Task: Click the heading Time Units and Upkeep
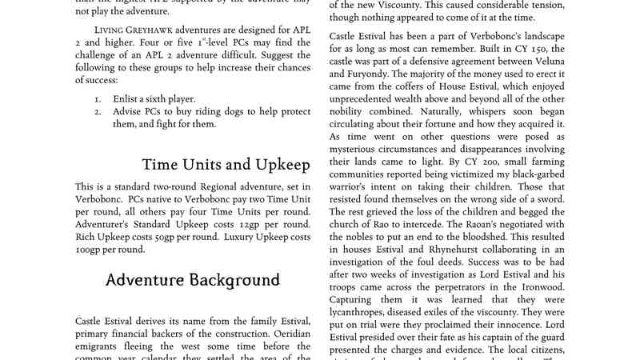226,165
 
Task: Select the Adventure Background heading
193,280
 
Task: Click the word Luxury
243,237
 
